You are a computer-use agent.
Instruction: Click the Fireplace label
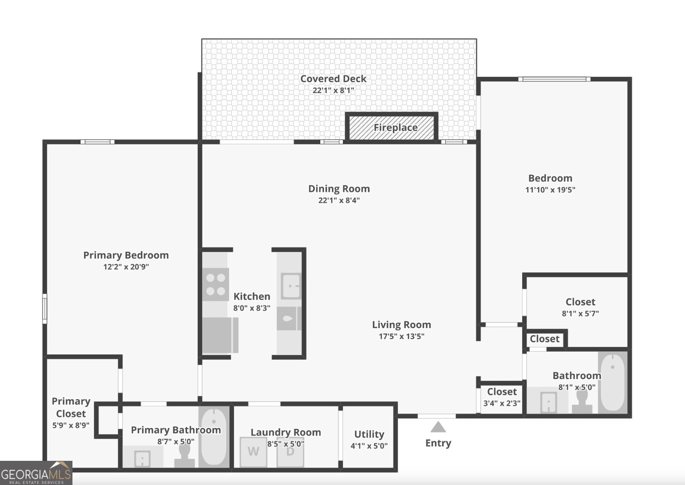395,127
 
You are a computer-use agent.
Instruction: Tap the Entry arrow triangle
438,427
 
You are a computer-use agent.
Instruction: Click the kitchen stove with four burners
216,284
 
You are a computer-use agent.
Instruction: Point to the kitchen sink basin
291,286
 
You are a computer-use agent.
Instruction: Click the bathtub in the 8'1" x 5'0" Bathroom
613,383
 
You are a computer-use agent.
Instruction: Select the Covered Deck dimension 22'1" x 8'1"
333,90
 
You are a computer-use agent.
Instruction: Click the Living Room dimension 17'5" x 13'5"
401,336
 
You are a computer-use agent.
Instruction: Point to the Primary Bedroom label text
126,255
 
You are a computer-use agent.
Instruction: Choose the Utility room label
369,434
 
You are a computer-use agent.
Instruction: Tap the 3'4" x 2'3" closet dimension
502,403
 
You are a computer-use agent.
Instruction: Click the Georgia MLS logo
36,473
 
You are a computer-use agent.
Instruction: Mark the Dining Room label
339,189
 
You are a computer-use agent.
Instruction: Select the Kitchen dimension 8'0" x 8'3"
252,308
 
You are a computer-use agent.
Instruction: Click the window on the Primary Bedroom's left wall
45,308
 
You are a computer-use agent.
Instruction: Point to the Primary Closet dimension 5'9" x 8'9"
71,425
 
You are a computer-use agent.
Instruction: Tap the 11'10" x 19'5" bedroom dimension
550,190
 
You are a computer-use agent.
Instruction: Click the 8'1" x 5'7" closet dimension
580,313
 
